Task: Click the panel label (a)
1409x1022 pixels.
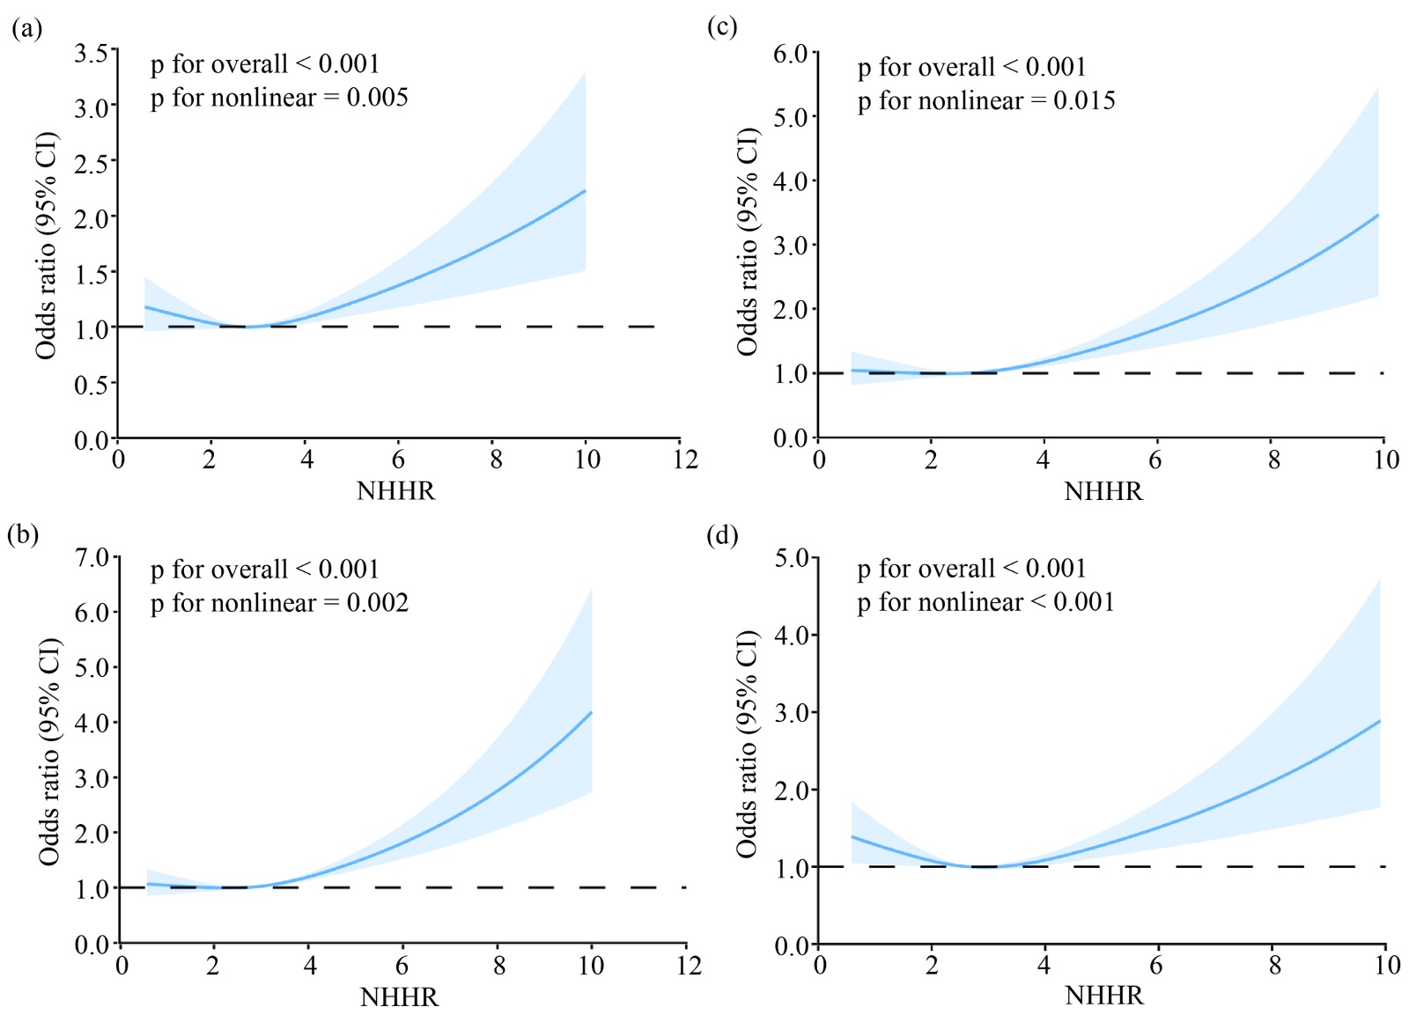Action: click(x=26, y=30)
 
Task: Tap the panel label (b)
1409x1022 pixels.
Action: click(x=23, y=535)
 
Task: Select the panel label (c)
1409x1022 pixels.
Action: click(x=722, y=27)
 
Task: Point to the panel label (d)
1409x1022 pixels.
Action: click(x=722, y=535)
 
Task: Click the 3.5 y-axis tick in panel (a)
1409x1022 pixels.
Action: click(x=91, y=54)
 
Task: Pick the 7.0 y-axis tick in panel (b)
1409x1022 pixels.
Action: click(x=91, y=558)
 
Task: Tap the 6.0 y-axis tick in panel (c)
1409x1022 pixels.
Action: click(x=790, y=55)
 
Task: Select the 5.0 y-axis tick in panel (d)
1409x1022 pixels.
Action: click(x=791, y=558)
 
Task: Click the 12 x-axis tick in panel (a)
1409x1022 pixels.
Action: click(x=685, y=460)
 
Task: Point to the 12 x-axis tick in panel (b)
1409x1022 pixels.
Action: click(x=689, y=966)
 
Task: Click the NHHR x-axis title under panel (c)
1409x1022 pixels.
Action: click(x=1103, y=491)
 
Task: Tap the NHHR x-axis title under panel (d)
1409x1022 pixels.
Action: click(x=1103, y=996)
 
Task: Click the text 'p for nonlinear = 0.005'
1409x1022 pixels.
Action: click(x=279, y=98)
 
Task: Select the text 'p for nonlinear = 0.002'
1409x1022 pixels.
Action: click(x=279, y=603)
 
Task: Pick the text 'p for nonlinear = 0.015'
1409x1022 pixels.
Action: click(x=986, y=101)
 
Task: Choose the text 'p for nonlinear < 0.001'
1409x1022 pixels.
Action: click(x=986, y=602)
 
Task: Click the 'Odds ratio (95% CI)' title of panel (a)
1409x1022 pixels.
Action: click(x=46, y=246)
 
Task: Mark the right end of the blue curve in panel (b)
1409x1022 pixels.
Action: click(x=591, y=712)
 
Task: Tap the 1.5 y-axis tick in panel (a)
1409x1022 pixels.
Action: click(x=91, y=274)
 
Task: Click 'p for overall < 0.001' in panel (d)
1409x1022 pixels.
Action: click(x=972, y=569)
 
